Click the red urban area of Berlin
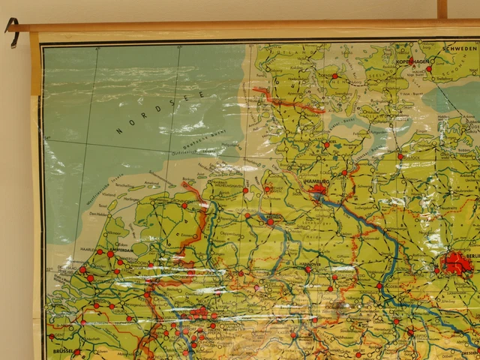[x=456, y=262]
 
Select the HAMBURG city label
[x=315, y=181]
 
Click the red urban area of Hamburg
[x=318, y=190]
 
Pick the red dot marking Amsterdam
[x=110, y=254]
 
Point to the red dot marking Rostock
[x=400, y=157]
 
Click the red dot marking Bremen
[x=270, y=222]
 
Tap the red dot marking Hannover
[x=307, y=268]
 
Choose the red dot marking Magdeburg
[x=379, y=286]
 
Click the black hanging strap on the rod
[x=12, y=31]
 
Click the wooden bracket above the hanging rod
[x=442, y=9]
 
